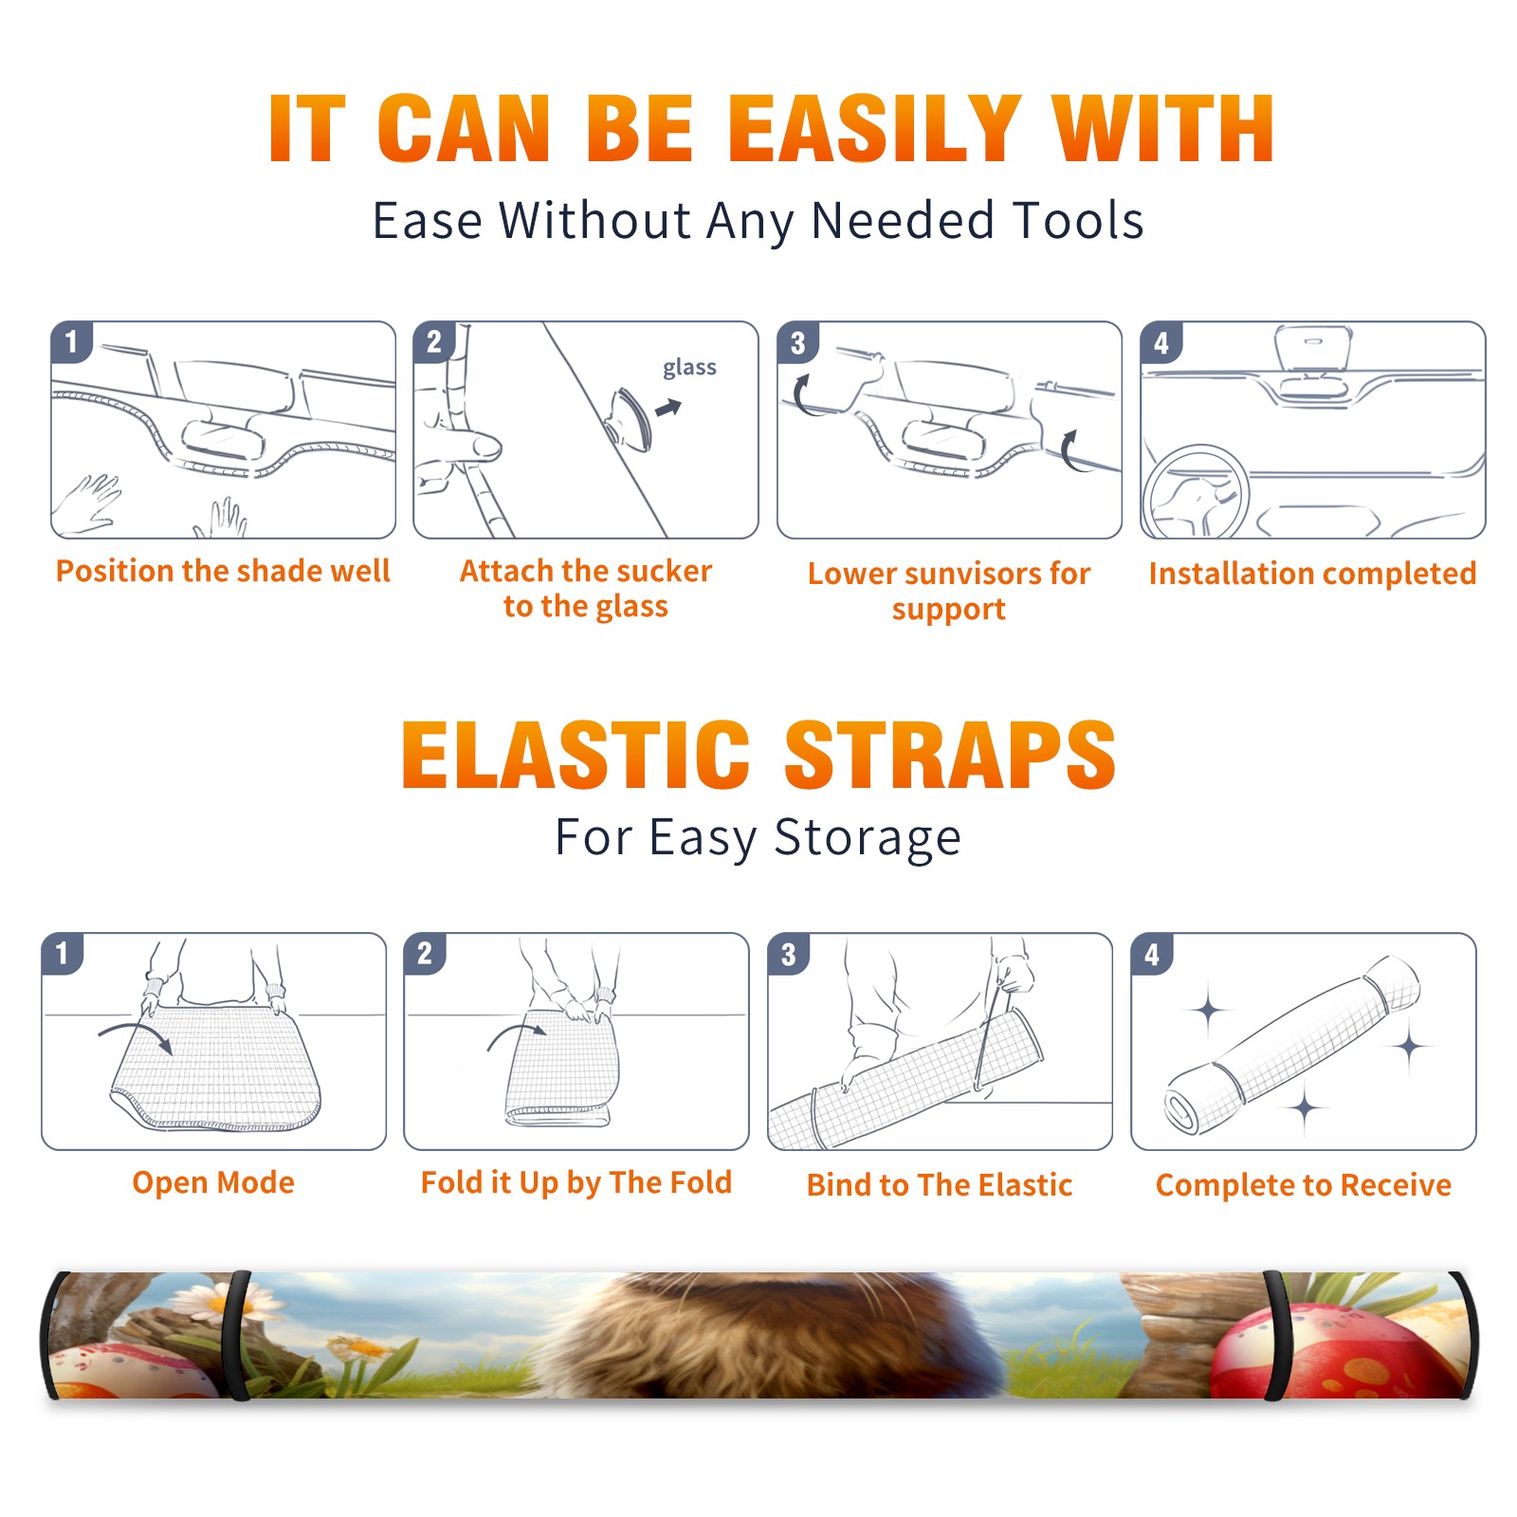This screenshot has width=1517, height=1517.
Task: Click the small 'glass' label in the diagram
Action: (689, 368)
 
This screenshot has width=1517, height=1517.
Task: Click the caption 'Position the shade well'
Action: (223, 571)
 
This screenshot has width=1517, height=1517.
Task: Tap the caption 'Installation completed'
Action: (1312, 573)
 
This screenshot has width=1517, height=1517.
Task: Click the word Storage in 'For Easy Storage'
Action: (868, 837)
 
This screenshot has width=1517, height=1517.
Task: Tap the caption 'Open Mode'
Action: (213, 1182)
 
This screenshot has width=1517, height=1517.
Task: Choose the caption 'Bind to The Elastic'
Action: (940, 1184)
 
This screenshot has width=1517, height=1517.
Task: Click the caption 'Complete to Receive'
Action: (1304, 1185)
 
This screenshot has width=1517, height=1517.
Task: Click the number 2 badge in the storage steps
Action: (424, 953)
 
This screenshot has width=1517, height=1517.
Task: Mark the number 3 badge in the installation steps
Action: (797, 342)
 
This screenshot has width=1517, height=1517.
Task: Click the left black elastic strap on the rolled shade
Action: (238, 1335)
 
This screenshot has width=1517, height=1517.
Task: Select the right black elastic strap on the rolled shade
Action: (1277, 1335)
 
